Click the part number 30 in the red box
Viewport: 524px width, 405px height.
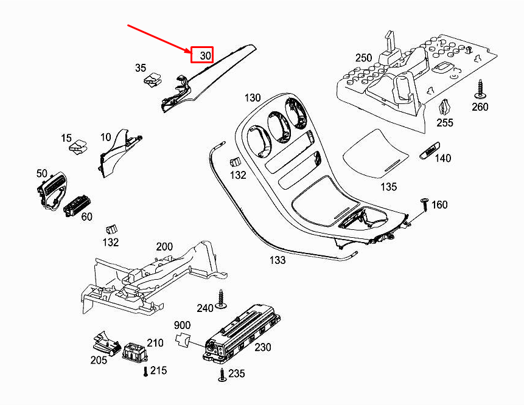coord(203,55)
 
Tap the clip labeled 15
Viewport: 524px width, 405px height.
coord(77,148)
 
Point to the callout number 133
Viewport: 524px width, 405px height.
coord(277,260)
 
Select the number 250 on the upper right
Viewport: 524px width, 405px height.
coord(363,58)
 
